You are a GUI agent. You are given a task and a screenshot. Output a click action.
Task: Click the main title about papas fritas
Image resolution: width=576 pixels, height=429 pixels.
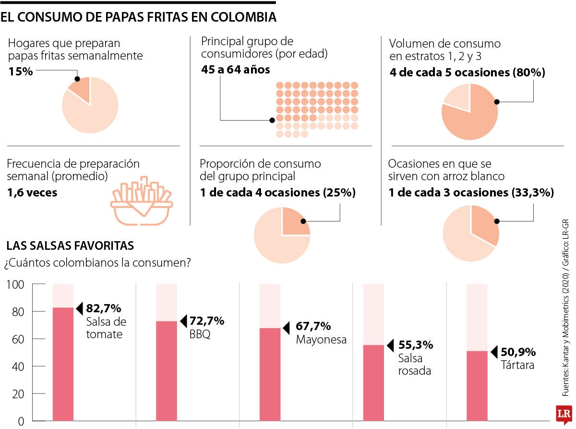tap(138, 18)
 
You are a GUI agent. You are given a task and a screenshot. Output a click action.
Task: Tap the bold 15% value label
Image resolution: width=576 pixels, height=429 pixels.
tap(20, 72)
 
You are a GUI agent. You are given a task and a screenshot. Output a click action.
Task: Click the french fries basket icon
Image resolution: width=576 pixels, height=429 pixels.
tap(142, 201)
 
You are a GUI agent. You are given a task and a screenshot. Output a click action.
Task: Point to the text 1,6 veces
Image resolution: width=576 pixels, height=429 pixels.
tap(32, 193)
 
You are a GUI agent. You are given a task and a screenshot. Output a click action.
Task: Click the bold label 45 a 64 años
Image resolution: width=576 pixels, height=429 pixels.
tap(236, 70)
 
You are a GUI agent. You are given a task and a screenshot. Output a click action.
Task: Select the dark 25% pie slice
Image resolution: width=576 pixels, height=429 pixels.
tap(295, 222)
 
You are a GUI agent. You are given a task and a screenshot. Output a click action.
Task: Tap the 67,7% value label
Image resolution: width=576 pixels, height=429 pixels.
tap(313, 327)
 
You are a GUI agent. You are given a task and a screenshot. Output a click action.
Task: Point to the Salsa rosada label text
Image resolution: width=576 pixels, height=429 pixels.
tap(414, 365)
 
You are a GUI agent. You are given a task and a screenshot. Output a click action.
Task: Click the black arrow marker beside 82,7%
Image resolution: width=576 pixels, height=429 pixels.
tap(80, 307)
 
